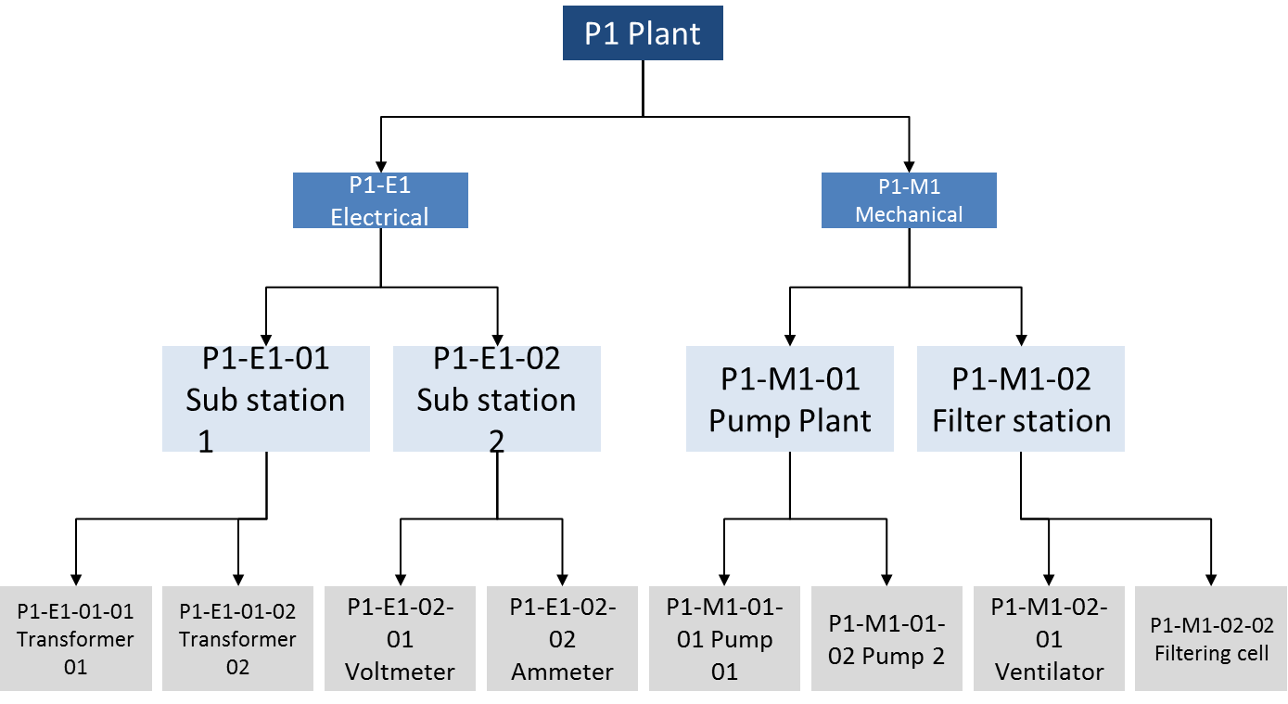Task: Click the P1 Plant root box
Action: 643,34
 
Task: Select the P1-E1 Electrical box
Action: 380,200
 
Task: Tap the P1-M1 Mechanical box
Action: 909,200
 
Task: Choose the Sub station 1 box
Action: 266,399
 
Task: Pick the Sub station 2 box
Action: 497,399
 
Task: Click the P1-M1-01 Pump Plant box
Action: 790,399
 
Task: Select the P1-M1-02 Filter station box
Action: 1021,399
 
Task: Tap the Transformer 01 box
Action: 76,638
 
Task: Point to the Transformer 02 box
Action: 238,638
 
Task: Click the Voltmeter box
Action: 401,638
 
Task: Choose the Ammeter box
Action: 562,638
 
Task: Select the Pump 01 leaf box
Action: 724,638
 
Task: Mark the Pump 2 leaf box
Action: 886,638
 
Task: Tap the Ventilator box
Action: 1049,638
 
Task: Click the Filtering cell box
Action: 1211,638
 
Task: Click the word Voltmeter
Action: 401,672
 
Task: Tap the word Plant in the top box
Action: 664,34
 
